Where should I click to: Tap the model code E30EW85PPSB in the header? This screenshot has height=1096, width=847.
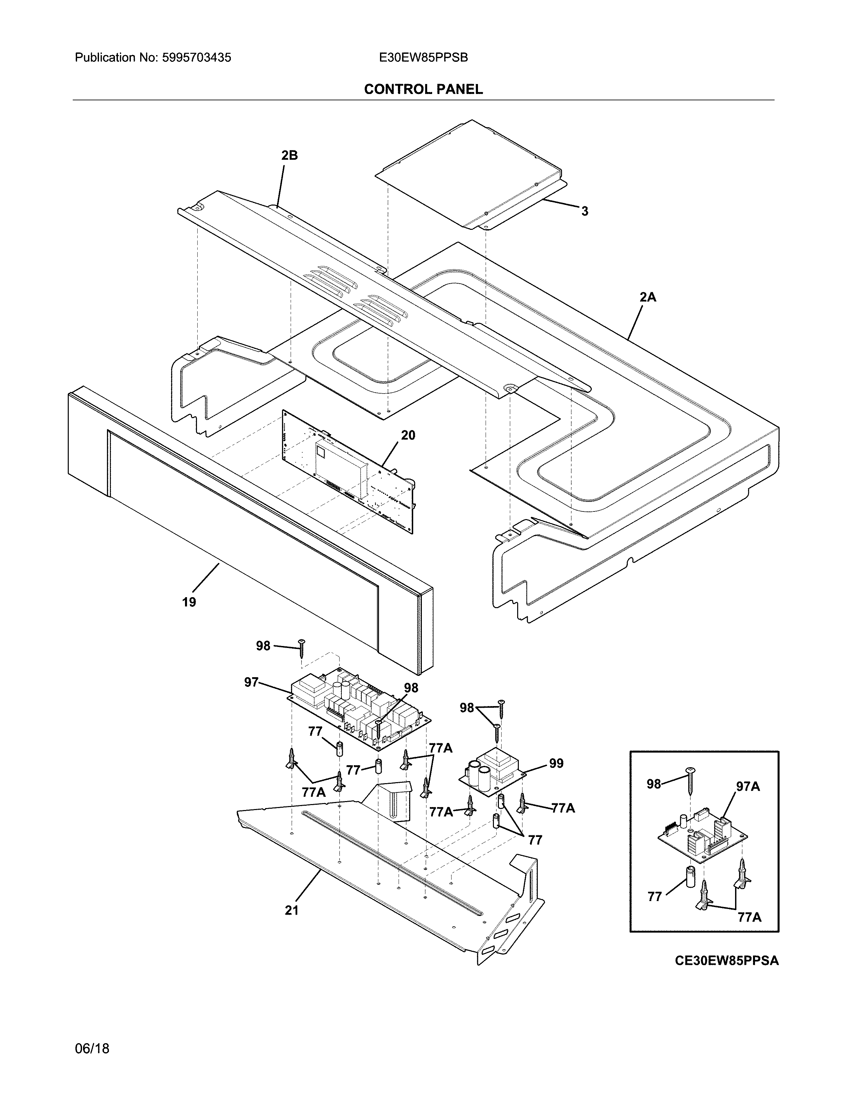pos(423,58)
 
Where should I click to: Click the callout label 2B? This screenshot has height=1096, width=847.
pos(290,155)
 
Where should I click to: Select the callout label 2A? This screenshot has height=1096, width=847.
pos(648,297)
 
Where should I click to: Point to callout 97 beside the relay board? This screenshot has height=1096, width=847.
pos(251,683)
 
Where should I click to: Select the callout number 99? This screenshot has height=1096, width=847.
pos(556,763)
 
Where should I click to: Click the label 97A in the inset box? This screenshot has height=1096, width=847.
pos(748,787)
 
